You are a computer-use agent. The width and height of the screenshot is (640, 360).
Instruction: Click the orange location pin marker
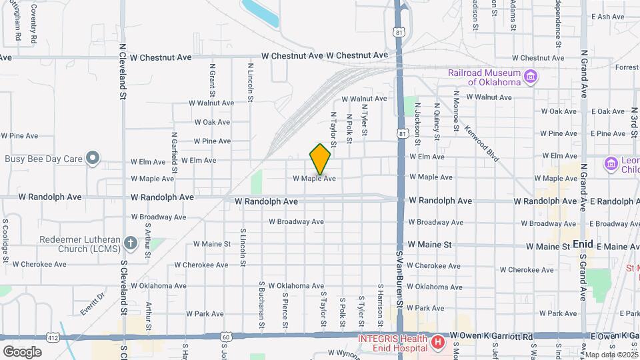click(320, 159)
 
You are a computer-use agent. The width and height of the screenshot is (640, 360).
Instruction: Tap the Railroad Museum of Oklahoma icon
click(531, 77)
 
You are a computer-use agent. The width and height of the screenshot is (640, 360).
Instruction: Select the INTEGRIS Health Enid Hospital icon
click(438, 343)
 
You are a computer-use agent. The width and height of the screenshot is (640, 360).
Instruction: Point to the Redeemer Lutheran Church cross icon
click(131, 244)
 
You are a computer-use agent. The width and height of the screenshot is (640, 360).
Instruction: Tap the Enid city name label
click(583, 244)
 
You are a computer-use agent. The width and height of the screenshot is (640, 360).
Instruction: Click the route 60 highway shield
click(228, 338)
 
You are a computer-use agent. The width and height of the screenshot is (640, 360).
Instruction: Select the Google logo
click(23, 351)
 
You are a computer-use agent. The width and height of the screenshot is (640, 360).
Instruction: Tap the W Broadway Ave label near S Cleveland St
click(159, 217)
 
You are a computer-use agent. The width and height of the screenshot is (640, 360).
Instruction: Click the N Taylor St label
click(333, 127)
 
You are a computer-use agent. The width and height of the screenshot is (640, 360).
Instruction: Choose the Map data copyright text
click(611, 354)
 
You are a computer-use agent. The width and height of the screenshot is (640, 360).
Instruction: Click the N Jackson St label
click(417, 125)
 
